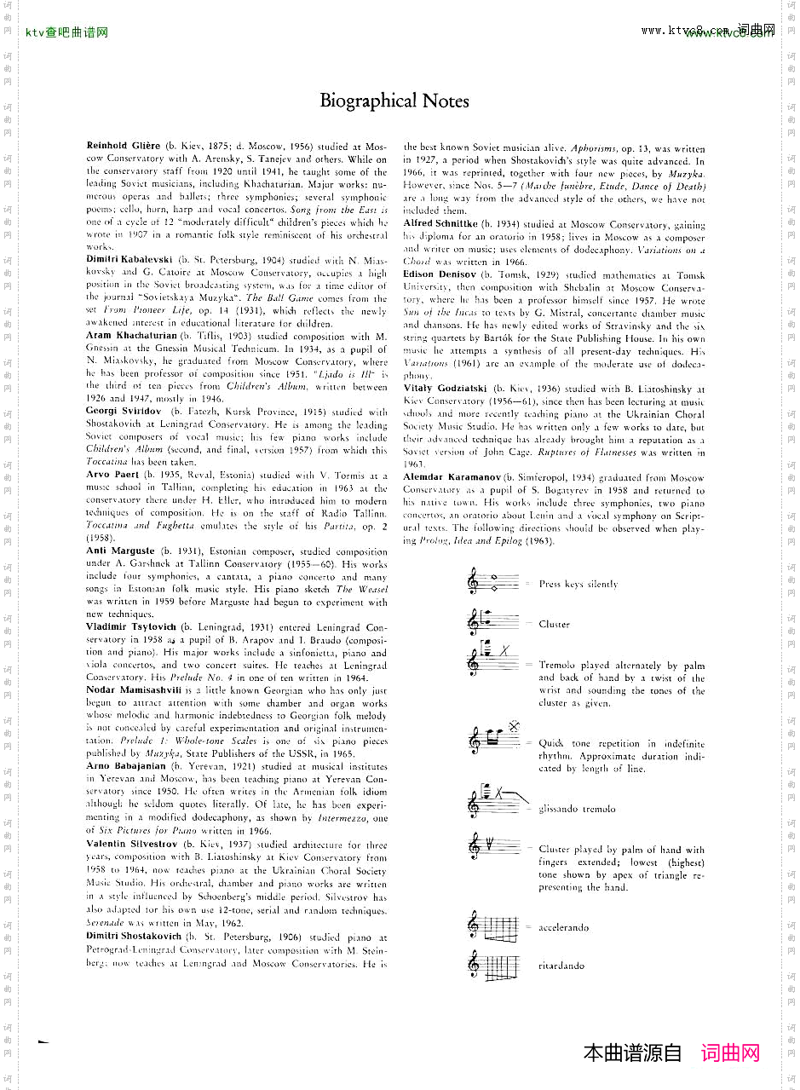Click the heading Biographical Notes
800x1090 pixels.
point(394,101)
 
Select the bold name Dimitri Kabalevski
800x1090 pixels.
point(129,258)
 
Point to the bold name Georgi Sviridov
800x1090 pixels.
point(118,412)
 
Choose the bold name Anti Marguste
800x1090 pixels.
point(120,551)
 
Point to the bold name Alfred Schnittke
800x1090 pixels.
point(441,223)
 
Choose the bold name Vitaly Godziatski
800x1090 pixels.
point(445,389)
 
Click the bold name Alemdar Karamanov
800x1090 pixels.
point(453,478)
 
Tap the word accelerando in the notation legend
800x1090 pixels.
point(563,927)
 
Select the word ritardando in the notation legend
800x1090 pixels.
point(561,966)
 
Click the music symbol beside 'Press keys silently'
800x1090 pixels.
point(492,583)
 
